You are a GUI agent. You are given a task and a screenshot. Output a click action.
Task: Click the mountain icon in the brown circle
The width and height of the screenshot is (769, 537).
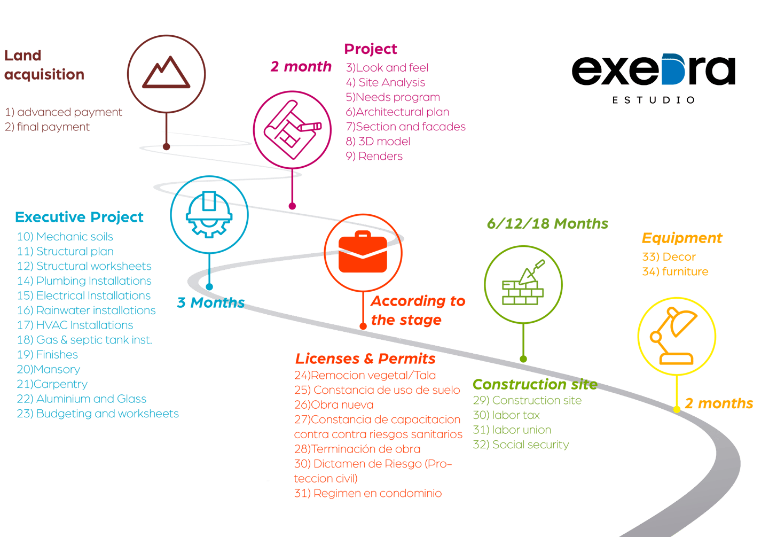tap(166, 73)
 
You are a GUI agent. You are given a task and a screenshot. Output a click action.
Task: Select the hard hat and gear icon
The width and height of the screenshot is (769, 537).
tap(209, 214)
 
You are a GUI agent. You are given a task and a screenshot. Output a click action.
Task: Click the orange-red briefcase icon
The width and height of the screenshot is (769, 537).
tap(363, 252)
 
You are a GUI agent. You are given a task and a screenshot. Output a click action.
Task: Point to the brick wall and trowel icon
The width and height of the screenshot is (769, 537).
tap(523, 284)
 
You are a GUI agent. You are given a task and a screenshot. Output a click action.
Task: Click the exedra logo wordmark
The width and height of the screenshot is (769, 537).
tap(653, 71)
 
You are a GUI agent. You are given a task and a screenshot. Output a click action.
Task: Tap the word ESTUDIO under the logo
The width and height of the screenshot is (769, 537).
tap(653, 100)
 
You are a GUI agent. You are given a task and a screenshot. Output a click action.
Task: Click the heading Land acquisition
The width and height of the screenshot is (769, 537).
tap(44, 65)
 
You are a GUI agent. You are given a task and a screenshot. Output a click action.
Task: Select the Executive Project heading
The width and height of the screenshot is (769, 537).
tap(79, 217)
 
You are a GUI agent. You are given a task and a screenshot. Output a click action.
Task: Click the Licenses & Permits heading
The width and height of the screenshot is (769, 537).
tap(365, 359)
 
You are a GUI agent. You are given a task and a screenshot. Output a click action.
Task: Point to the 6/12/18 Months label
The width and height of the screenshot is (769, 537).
tap(547, 223)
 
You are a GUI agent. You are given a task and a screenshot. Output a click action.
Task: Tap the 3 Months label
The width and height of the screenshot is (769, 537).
tap(210, 302)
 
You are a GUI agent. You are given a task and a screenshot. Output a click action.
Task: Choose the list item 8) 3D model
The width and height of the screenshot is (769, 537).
tap(378, 142)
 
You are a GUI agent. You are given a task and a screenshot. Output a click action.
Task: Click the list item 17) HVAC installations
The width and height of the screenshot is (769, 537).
tap(75, 325)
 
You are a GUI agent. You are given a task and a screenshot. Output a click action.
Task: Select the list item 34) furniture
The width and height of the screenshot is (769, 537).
tap(675, 271)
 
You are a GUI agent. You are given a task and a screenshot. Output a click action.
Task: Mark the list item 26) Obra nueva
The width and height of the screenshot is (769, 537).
tap(334, 405)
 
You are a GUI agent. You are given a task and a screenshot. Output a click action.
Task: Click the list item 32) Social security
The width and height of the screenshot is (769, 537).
tap(521, 445)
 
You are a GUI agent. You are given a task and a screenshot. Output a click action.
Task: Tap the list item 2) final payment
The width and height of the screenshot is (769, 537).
tap(47, 127)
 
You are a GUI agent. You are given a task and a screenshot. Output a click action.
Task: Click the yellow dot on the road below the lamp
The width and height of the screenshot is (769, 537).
tap(677, 409)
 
